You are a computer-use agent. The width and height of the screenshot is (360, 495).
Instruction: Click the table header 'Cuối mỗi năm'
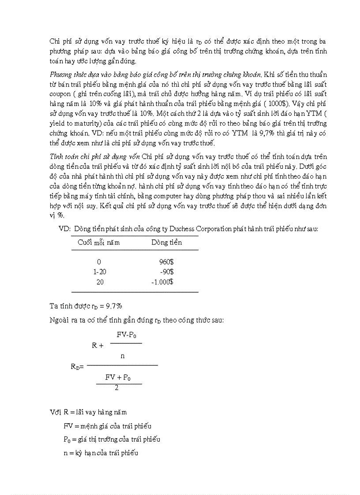(98, 242)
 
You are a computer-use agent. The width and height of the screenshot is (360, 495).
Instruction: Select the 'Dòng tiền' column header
(166, 242)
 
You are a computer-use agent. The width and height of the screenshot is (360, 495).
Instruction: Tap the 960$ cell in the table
(166, 262)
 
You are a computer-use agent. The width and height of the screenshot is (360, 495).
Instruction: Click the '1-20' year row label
(100, 272)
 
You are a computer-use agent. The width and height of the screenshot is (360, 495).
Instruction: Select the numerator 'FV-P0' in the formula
(126, 335)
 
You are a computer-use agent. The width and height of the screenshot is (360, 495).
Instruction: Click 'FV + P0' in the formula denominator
(118, 377)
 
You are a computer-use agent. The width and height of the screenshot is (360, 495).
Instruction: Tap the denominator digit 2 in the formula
(116, 388)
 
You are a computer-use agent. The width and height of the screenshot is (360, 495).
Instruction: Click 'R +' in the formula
(97, 346)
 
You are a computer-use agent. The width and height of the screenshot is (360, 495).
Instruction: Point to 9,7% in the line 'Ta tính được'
(111, 305)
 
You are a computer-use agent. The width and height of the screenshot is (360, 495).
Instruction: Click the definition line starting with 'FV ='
(107, 426)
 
